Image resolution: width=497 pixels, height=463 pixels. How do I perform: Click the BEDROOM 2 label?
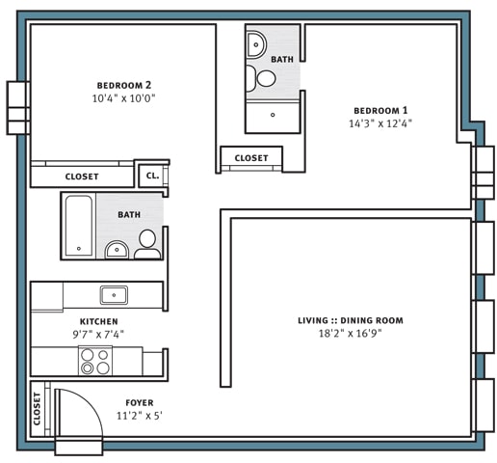[x=124, y=84]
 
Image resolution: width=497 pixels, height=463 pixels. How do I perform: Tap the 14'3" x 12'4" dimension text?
[x=385, y=123]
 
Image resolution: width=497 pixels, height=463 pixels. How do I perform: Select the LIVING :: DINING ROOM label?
[x=350, y=320]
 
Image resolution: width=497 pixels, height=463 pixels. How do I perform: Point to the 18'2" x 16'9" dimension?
[x=350, y=335]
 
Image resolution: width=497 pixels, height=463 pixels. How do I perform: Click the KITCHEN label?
[x=98, y=321]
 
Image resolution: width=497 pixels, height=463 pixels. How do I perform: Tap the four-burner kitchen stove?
[x=94, y=361]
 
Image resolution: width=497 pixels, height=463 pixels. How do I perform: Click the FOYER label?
[x=139, y=402]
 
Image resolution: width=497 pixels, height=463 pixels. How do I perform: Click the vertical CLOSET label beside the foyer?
[x=38, y=410]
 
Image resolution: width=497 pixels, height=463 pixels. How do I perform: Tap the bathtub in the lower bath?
[x=79, y=226]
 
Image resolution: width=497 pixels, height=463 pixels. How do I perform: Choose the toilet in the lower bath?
[x=147, y=244]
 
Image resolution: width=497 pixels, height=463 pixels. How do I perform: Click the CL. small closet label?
[x=151, y=177]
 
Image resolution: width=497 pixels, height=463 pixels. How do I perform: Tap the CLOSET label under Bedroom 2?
[x=82, y=177]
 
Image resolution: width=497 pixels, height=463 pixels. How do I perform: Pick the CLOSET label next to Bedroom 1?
[x=251, y=157]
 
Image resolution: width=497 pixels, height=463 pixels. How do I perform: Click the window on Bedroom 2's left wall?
[x=17, y=107]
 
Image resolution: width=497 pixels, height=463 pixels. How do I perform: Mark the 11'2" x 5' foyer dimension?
[x=139, y=417]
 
